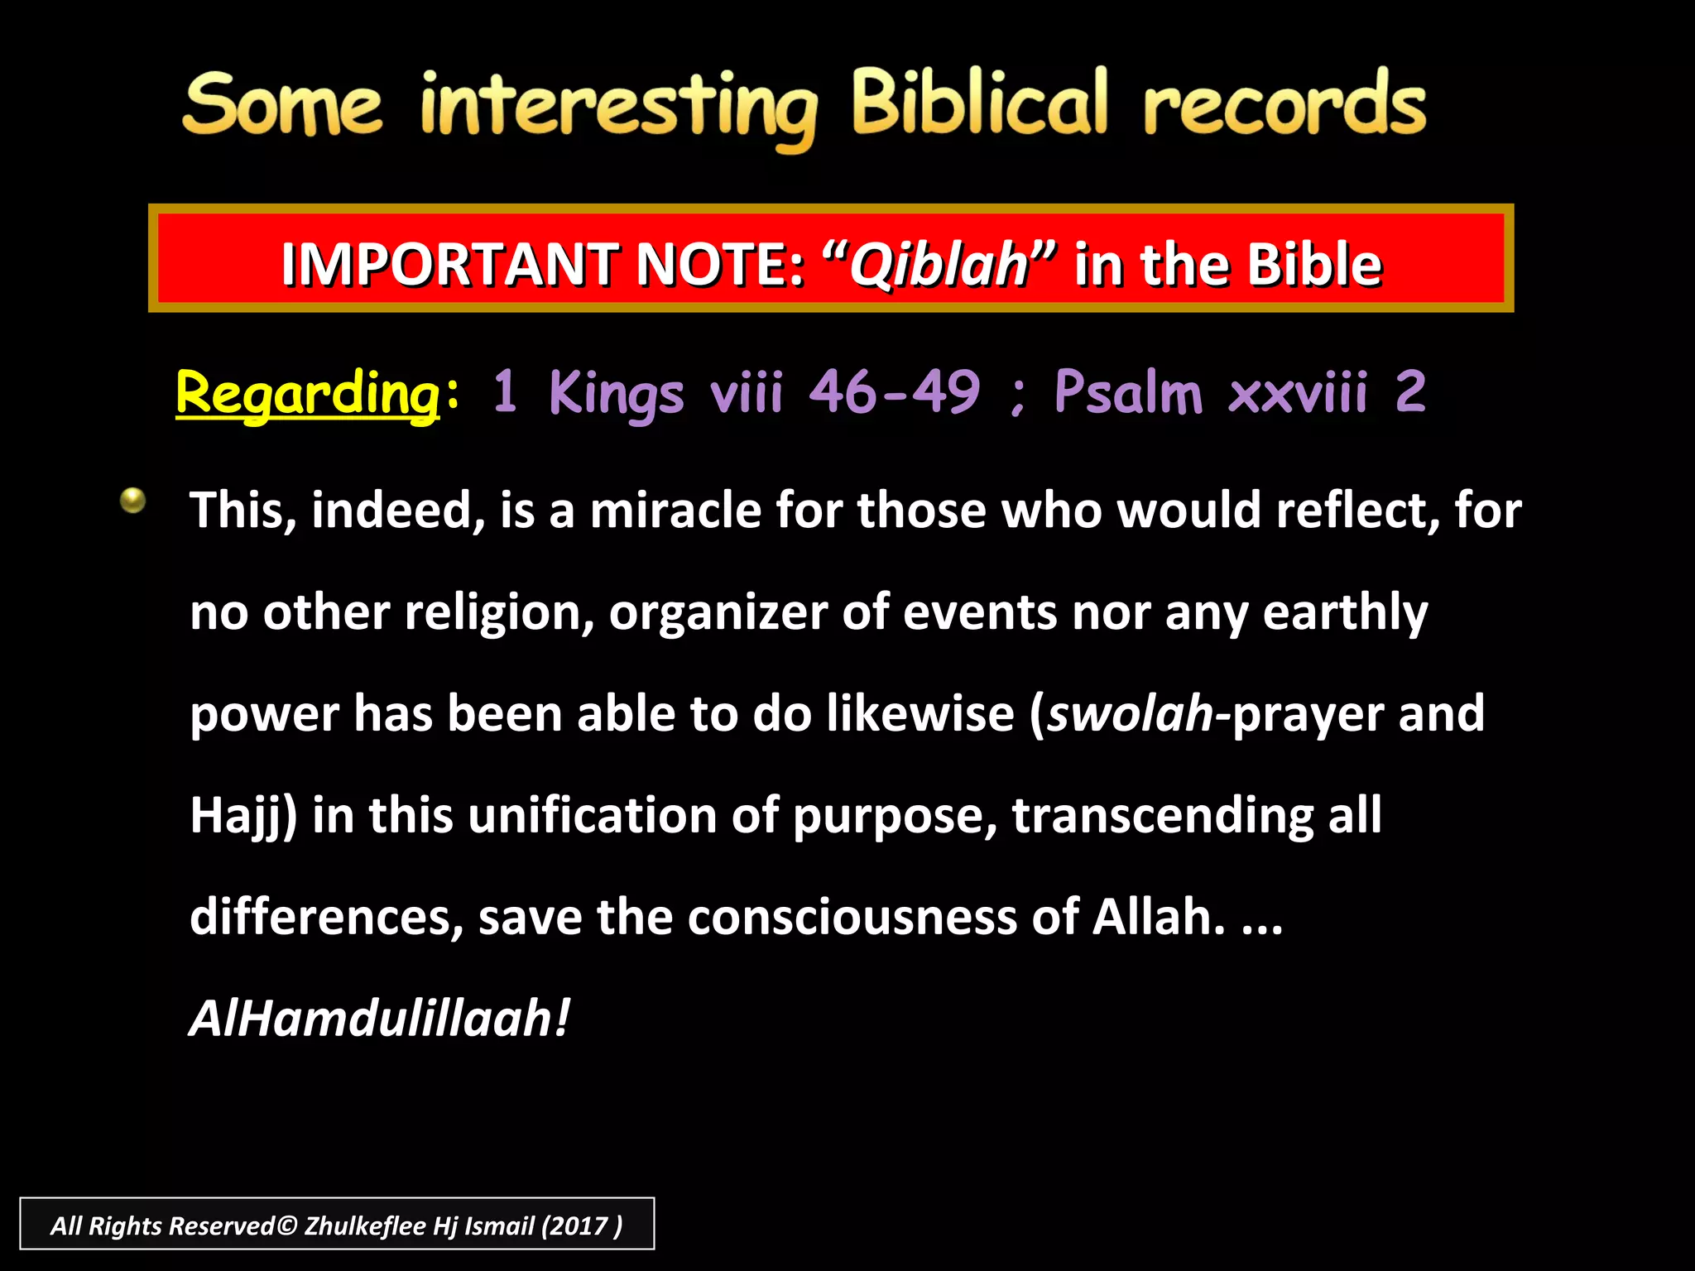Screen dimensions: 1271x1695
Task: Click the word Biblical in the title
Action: (979, 103)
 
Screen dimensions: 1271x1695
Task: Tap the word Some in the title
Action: (282, 105)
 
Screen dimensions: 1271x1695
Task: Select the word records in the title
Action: (1284, 105)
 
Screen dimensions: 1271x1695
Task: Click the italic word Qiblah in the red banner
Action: (939, 265)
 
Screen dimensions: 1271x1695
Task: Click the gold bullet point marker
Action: (132, 500)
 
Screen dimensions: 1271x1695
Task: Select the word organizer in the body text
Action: (718, 612)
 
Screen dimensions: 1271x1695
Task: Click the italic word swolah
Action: (1130, 713)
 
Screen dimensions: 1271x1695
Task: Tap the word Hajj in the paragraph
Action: (238, 816)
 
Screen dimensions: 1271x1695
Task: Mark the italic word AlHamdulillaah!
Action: (379, 1019)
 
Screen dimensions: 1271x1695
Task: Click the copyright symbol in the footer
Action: (286, 1225)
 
